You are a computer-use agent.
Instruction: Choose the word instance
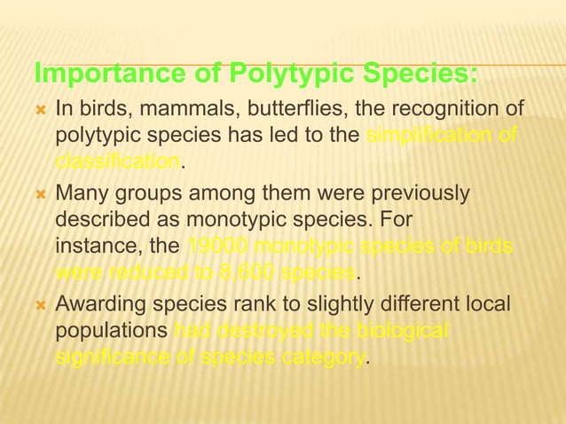(x=91, y=246)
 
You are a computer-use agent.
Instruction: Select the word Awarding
(x=99, y=304)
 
